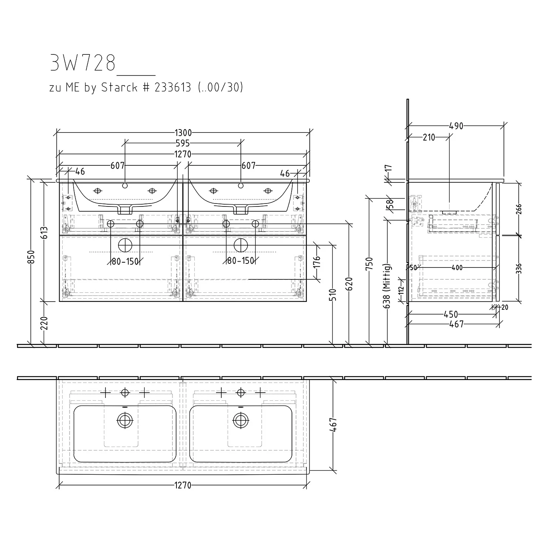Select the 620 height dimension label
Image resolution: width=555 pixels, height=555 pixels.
[x=350, y=284]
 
